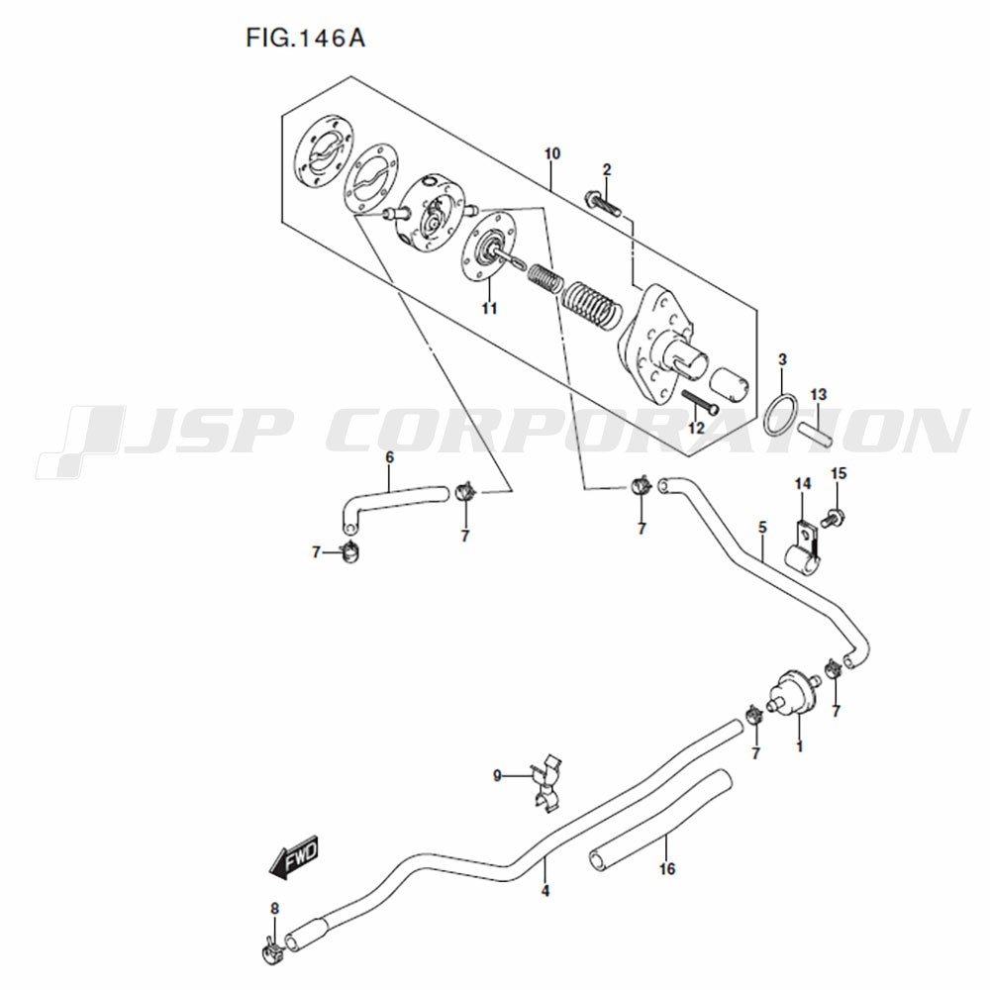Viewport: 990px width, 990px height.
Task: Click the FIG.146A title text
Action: click(306, 39)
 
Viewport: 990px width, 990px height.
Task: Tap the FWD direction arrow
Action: click(294, 858)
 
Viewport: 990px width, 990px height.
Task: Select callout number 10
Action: click(551, 153)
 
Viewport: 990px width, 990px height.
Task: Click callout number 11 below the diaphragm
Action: click(489, 308)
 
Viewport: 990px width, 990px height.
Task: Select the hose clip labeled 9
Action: click(546, 782)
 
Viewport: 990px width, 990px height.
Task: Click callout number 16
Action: click(666, 869)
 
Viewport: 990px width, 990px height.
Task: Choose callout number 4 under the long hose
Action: click(544, 891)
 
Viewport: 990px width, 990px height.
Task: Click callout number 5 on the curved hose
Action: click(762, 527)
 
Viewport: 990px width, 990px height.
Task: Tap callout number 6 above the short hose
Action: click(389, 456)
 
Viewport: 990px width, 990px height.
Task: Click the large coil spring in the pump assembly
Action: click(591, 305)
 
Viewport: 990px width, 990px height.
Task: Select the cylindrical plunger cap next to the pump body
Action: click(729, 386)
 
